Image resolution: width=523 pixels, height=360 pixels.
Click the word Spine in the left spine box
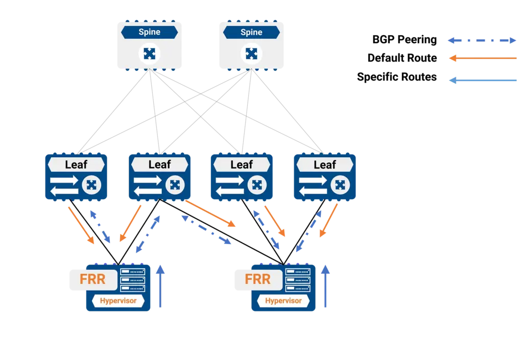(149, 32)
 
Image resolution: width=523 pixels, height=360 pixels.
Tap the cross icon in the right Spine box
(251, 53)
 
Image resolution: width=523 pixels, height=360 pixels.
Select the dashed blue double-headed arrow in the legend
(482, 41)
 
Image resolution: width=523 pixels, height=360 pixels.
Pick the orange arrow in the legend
(482, 59)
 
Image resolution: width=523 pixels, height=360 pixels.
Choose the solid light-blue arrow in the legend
(482, 80)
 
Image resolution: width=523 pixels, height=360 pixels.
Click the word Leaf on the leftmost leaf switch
(76, 164)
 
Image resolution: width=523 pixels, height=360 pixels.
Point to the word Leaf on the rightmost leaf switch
(325, 164)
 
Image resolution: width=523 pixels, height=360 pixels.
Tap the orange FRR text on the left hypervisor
(92, 279)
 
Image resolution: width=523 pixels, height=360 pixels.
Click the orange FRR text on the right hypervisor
(257, 279)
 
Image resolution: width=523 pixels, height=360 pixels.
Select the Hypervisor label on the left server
(118, 301)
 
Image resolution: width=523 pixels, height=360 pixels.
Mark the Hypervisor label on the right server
(283, 301)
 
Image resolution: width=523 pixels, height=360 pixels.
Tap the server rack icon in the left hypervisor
(133, 280)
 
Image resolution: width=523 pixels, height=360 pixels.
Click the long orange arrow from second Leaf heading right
(210, 213)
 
